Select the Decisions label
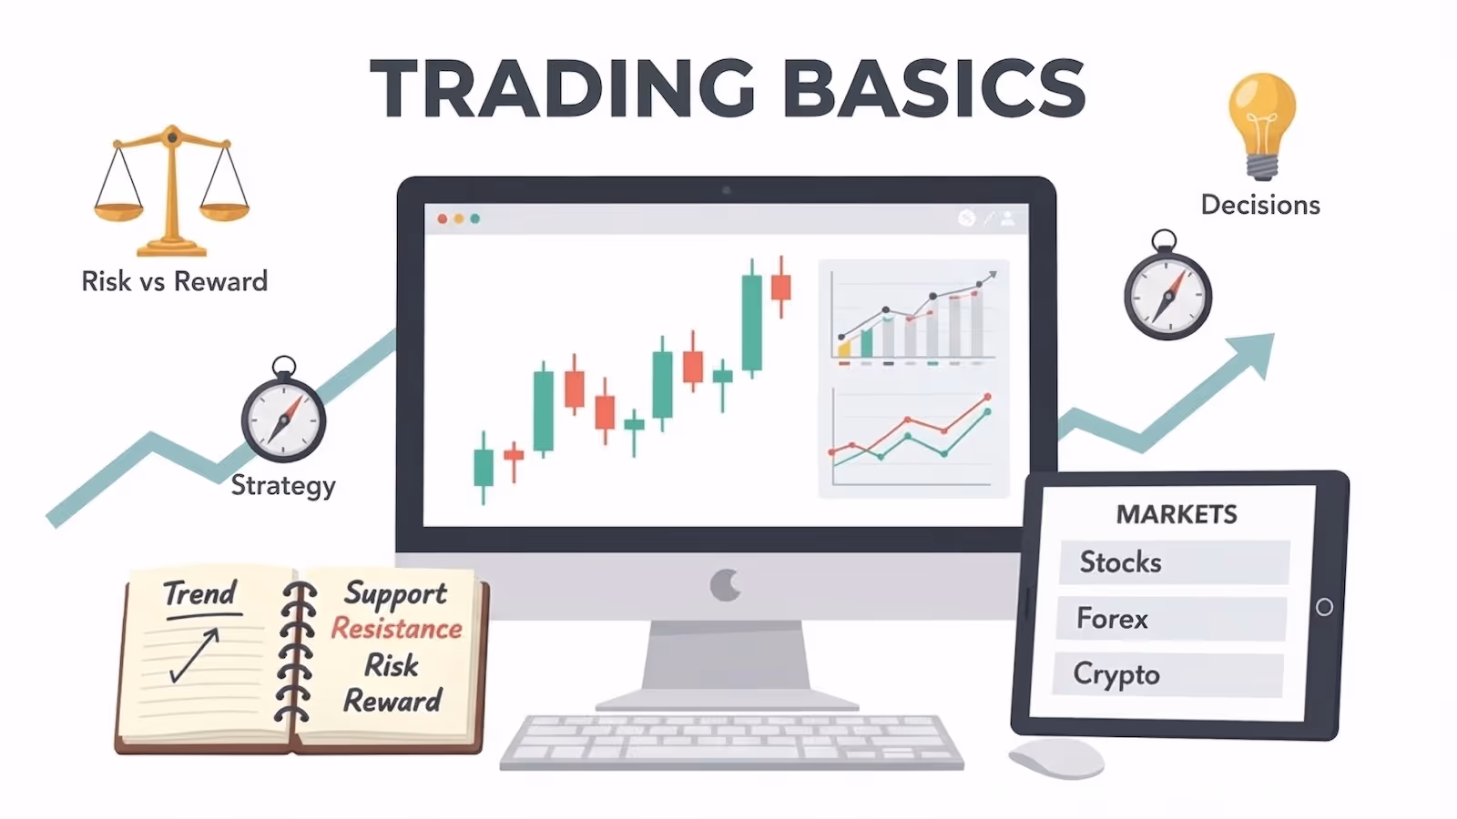(1260, 205)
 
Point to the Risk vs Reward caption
(175, 281)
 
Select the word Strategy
(283, 486)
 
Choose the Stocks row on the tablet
(1174, 562)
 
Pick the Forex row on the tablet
(1171, 619)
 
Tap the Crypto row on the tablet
(1168, 674)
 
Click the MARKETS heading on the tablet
(1177, 514)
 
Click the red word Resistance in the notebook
(396, 628)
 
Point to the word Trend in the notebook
(199, 593)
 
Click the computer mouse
(1056, 758)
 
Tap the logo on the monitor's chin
(726, 585)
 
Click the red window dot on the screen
(443, 218)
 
